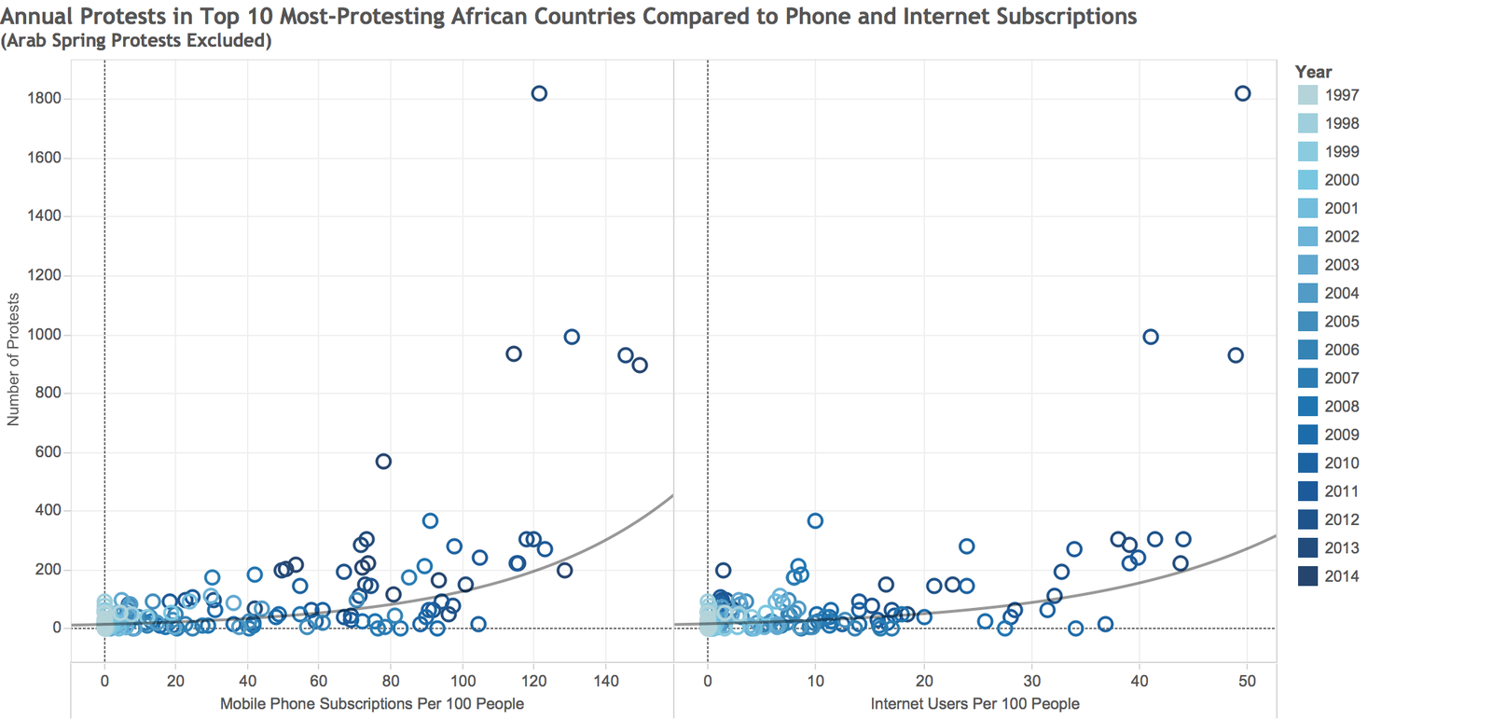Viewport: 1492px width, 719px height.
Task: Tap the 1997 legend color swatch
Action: pos(1307,95)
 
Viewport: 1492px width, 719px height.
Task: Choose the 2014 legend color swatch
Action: pos(1307,576)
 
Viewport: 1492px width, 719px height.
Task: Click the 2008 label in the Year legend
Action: pos(1342,407)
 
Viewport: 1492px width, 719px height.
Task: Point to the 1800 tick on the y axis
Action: pos(44,99)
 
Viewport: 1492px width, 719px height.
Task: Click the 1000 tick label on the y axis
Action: pos(44,335)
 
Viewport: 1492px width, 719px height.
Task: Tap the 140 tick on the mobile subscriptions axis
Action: pos(606,681)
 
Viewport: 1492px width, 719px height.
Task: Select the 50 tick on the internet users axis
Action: pos(1248,681)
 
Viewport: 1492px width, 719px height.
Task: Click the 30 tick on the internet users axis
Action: pos(1031,681)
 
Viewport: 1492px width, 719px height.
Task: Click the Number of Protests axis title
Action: pos(13,360)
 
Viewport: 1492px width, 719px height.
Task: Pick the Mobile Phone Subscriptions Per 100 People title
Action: pos(372,704)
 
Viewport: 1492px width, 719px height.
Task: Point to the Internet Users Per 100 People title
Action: pos(975,704)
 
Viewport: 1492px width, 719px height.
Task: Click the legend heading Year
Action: pos(1314,72)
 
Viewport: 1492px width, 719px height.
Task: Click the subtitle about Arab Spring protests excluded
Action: pos(136,41)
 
